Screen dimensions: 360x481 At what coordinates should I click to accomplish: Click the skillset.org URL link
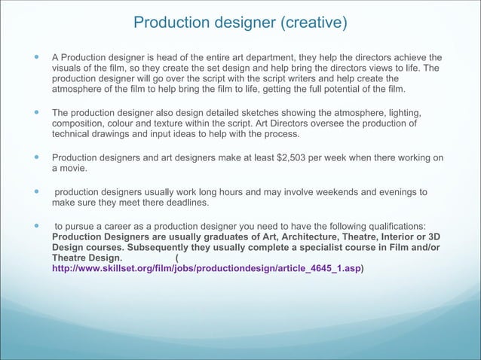click(x=206, y=268)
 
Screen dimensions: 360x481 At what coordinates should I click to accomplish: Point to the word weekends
click(x=322, y=192)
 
